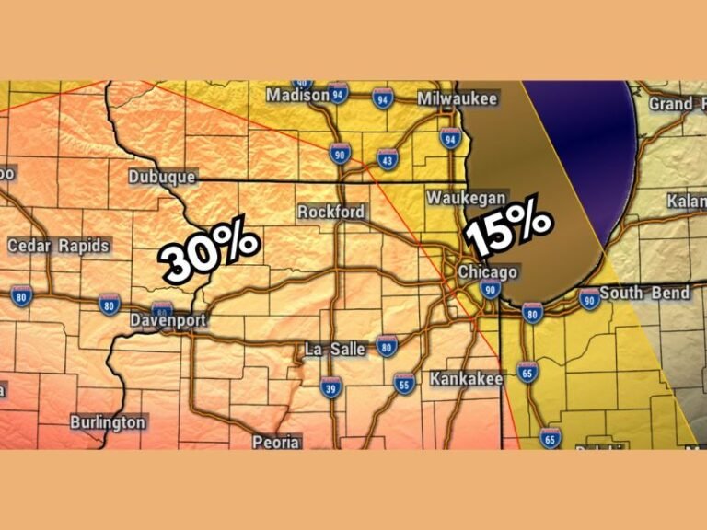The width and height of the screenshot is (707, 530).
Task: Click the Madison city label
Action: (x=297, y=96)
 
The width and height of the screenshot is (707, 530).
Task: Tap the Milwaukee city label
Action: (x=457, y=98)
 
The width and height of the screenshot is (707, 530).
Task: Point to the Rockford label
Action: (x=330, y=212)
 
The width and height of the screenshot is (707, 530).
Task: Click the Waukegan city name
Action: (x=466, y=199)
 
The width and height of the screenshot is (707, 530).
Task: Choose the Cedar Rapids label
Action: (x=58, y=246)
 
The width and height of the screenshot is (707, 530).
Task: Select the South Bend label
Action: (x=644, y=294)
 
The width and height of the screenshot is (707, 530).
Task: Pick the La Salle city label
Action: (x=336, y=349)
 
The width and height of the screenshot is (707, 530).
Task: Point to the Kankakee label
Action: (x=466, y=378)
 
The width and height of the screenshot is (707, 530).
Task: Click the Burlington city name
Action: (x=108, y=422)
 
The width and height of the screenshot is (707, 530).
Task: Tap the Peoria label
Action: (x=276, y=442)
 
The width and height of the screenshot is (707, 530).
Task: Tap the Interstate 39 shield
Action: (x=332, y=388)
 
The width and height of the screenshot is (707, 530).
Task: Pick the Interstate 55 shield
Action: (x=402, y=384)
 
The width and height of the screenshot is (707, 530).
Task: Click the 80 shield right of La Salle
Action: (x=387, y=347)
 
